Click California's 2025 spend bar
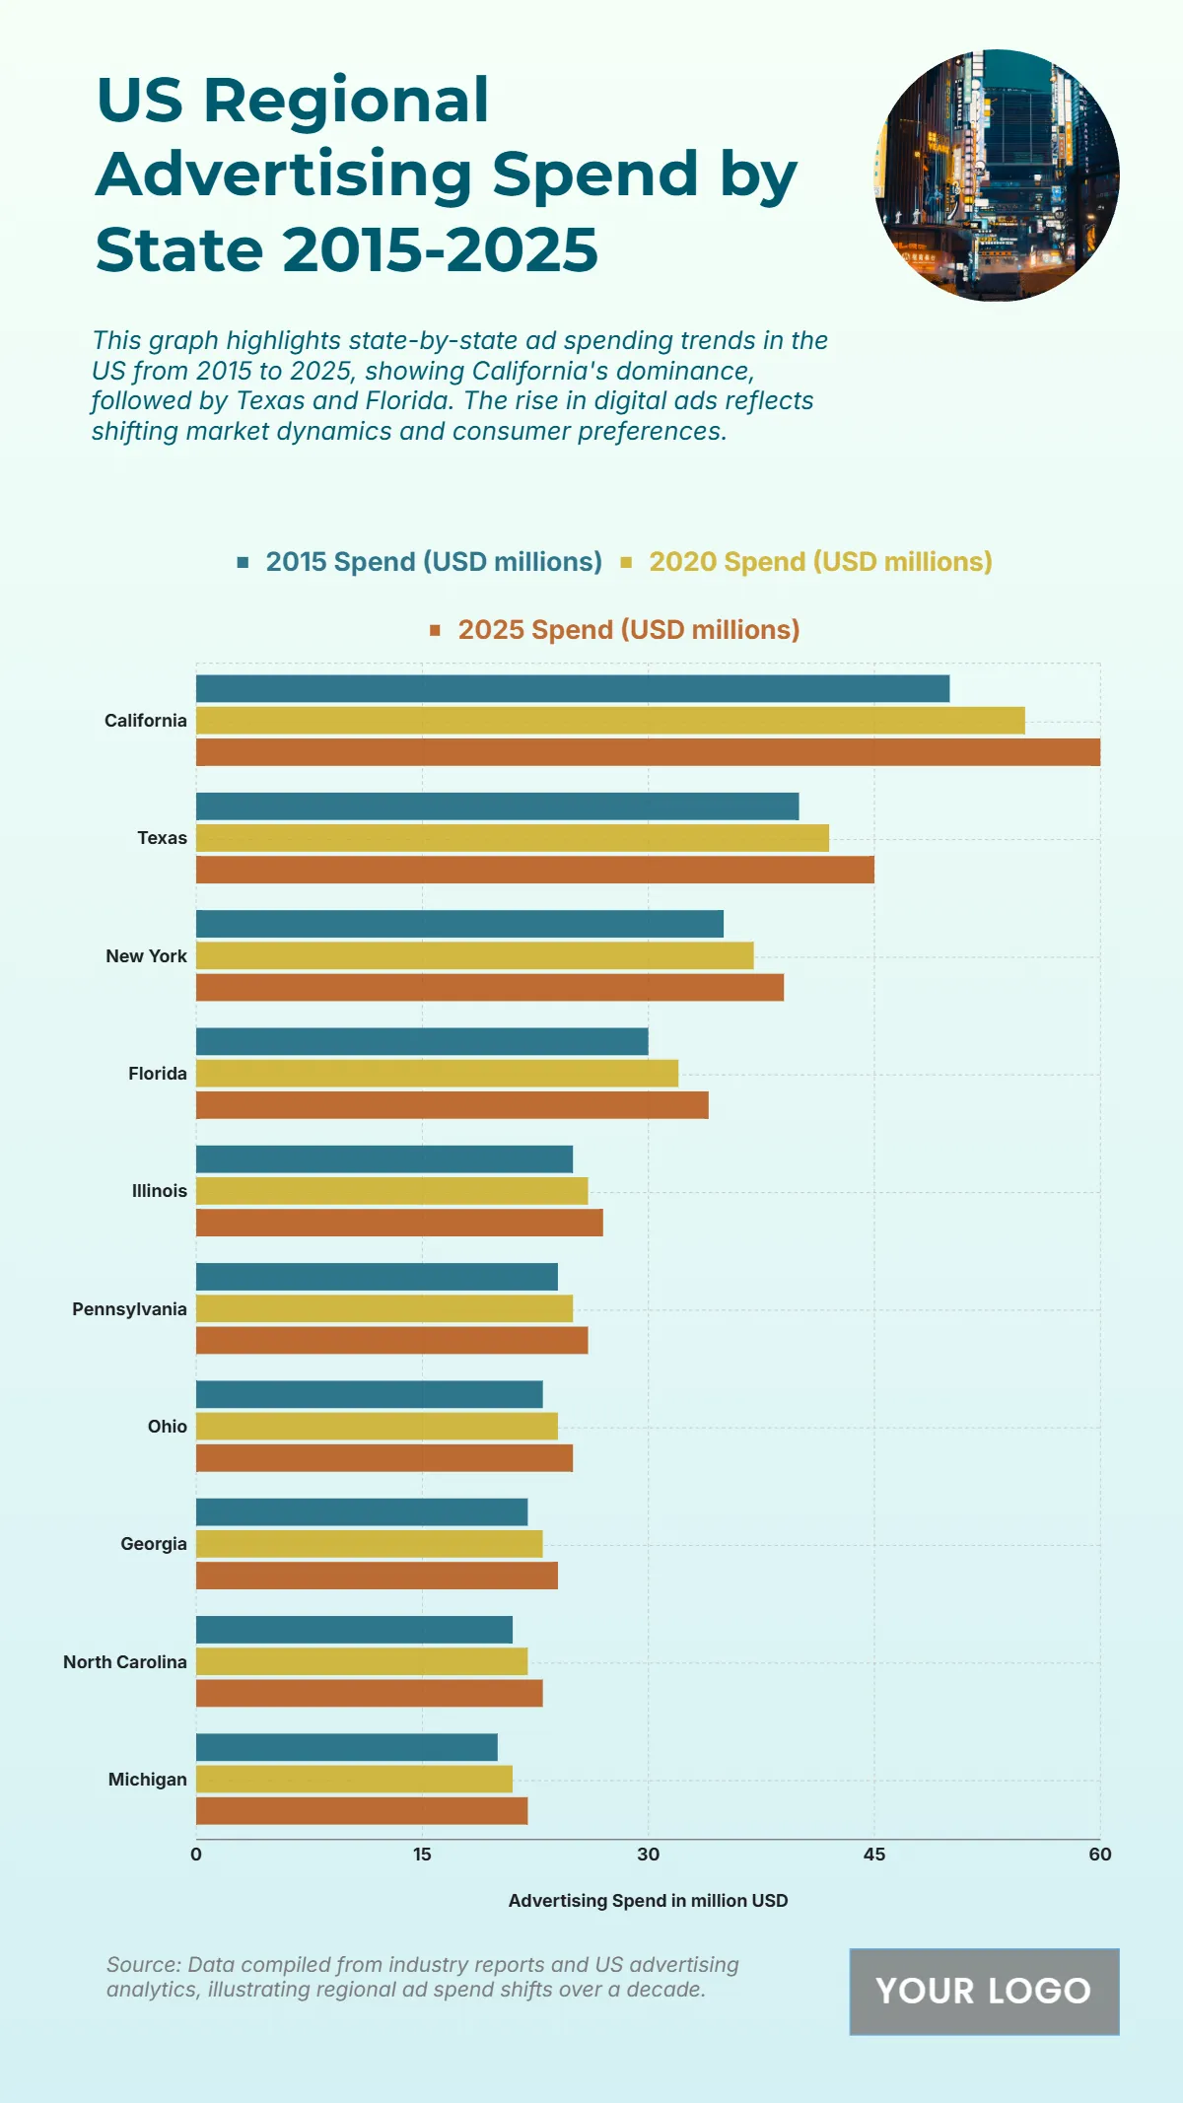[648, 752]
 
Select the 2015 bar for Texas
[497, 806]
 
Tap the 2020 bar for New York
[474, 955]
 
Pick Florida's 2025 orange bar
[452, 1105]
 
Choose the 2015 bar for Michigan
[346, 1747]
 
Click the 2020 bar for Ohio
[377, 1426]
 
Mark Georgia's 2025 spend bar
[377, 1576]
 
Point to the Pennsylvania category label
[129, 1309]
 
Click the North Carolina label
[125, 1662]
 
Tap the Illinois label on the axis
[160, 1191]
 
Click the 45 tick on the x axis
[873, 1855]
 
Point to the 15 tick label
[422, 1855]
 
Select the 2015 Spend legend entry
[433, 562]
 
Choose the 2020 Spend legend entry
[819, 562]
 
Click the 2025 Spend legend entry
[628, 630]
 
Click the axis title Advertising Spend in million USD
[648, 1901]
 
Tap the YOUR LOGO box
[984, 1991]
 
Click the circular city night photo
[997, 175]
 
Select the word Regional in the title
[346, 101]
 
